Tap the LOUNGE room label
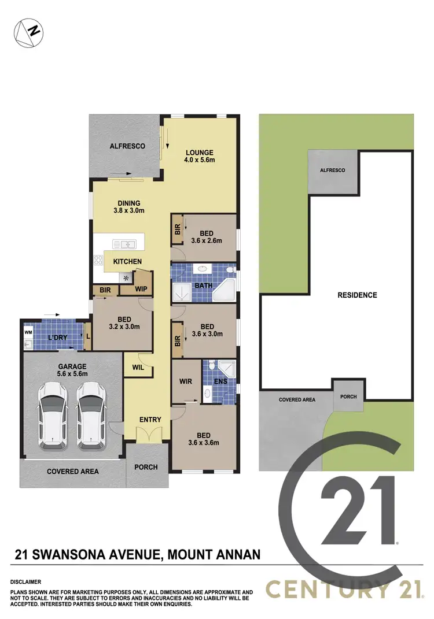click(200, 155)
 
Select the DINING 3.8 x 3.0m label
click(129, 206)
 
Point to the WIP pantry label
click(141, 288)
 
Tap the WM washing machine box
click(28, 333)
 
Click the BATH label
click(203, 285)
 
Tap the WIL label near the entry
click(139, 366)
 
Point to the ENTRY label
click(150, 420)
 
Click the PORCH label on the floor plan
click(146, 467)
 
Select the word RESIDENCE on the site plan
click(357, 295)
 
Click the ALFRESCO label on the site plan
click(333, 170)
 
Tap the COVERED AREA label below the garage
click(72, 471)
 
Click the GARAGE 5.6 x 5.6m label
click(72, 370)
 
